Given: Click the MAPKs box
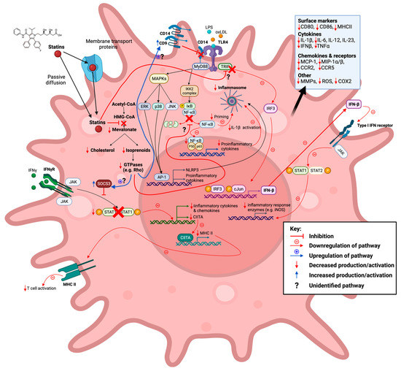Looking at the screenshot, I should (159, 77).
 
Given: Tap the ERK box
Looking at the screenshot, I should (144, 105).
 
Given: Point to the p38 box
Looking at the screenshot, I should (160, 105).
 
